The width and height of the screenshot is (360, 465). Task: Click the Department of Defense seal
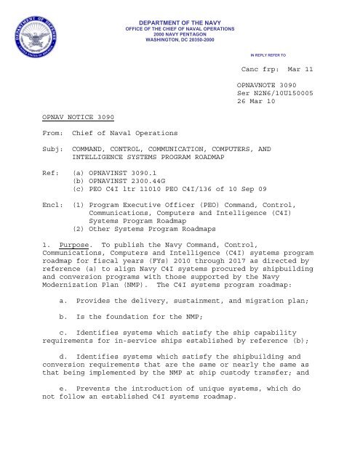point(33,33)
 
